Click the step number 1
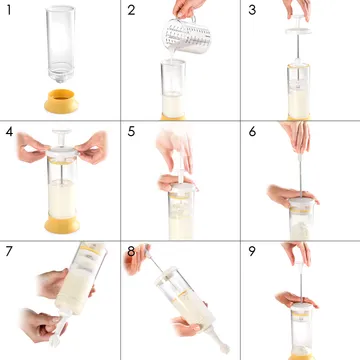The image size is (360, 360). point(9,10)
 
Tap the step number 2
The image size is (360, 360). point(131,10)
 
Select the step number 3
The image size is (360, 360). point(252,10)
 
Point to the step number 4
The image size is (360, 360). point(9,131)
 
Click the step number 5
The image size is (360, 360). point(131,131)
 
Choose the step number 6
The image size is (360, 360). point(252,131)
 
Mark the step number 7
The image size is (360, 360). point(9,251)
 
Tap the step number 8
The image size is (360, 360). point(131,251)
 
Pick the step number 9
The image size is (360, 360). point(252,251)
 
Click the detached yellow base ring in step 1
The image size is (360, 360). point(61,101)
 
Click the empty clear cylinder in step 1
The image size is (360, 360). point(61,44)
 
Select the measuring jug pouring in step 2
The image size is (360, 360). point(187,35)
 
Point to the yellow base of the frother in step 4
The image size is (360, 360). point(62,224)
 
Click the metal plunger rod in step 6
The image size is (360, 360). point(300,176)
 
